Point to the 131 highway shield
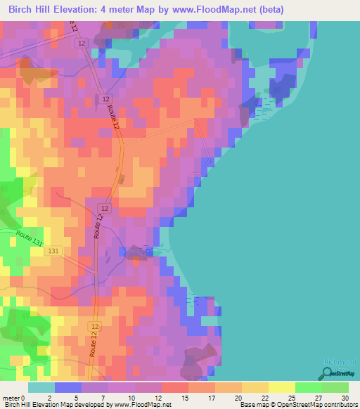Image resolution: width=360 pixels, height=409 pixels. point(54,251)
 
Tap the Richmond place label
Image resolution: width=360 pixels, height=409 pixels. point(340,363)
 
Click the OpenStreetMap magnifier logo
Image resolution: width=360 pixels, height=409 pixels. point(328,372)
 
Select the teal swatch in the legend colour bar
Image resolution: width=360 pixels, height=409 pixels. point(41,387)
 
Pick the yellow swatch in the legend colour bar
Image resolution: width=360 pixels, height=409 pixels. point(282,387)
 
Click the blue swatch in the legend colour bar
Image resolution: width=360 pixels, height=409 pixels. point(68,387)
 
